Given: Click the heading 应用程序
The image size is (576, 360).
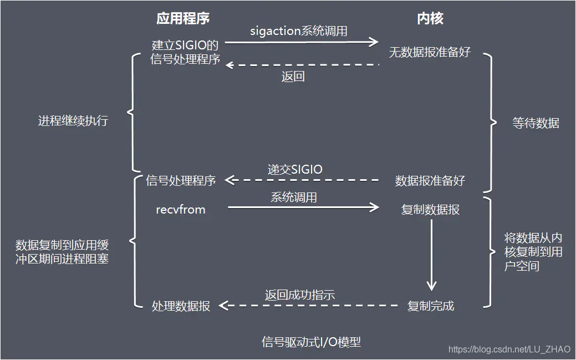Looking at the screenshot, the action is (183, 18).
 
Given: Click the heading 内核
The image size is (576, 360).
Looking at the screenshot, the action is (430, 18).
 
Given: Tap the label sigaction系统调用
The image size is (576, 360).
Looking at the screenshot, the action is (299, 31).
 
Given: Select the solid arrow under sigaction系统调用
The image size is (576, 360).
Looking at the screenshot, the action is (302, 42).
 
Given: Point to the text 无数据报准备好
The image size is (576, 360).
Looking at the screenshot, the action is (430, 52).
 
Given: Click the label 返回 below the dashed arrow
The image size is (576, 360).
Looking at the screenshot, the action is (293, 77).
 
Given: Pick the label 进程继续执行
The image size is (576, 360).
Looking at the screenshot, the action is (73, 120).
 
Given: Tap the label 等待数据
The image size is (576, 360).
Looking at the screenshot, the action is (536, 123).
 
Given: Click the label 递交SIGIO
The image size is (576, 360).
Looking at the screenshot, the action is (295, 170).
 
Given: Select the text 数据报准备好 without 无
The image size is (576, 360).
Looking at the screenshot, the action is (430, 180).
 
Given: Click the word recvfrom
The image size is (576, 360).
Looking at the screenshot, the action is (181, 210).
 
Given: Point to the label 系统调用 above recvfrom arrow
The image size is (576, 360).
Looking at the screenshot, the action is (294, 197).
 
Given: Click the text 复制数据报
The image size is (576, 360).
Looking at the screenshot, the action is (430, 210).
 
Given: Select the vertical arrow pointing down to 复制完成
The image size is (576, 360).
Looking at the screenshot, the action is (431, 255).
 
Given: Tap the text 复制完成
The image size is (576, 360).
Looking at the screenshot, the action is (431, 306).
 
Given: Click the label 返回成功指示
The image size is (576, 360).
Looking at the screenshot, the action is (300, 295).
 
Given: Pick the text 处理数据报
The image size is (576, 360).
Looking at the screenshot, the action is (181, 306).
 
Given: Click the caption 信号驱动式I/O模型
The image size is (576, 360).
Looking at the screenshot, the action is (311, 342).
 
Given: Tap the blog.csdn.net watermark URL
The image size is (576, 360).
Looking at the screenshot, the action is (509, 349).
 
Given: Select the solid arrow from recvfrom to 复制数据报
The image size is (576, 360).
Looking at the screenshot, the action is (303, 207).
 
